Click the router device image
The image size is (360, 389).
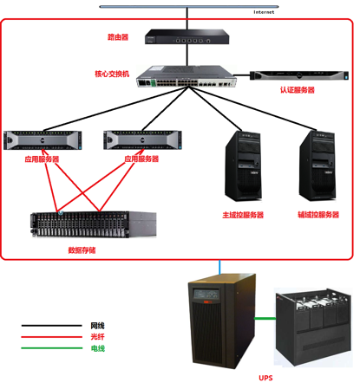(187, 36)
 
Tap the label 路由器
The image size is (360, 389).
(118, 37)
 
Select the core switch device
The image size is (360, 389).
(187, 76)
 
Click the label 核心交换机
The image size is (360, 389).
(112, 74)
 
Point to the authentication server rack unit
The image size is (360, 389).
(299, 75)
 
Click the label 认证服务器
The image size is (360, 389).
(298, 90)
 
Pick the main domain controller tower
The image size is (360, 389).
(243, 165)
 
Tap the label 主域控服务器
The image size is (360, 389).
(243, 215)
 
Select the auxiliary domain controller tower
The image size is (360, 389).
(317, 165)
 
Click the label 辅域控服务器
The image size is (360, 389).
(318, 215)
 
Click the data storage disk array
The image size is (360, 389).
(94, 224)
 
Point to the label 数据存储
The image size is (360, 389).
(82, 250)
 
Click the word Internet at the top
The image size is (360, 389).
(264, 12)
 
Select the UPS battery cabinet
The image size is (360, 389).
(313, 327)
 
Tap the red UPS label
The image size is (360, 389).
(265, 378)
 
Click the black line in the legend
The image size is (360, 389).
(51, 326)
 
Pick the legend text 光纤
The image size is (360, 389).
(97, 337)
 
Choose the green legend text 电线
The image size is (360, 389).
(98, 348)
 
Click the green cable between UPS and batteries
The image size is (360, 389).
(265, 318)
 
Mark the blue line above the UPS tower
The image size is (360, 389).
(219, 267)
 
